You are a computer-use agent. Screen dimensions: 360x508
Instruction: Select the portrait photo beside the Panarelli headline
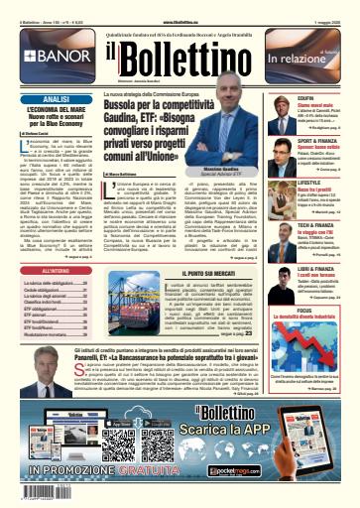[x=328, y=380]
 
